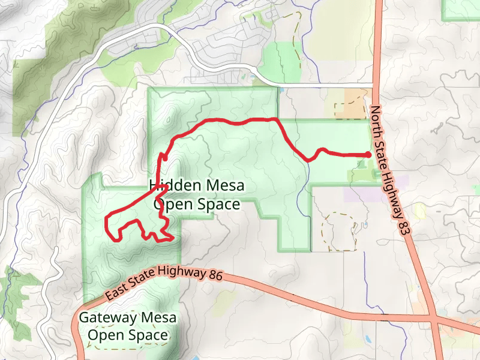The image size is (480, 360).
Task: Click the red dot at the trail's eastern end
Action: [x=368, y=155]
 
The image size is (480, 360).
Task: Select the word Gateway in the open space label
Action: [x=106, y=317]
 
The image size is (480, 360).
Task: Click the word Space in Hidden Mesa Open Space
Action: [x=218, y=205]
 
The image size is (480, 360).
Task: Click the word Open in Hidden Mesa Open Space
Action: [x=173, y=205]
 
